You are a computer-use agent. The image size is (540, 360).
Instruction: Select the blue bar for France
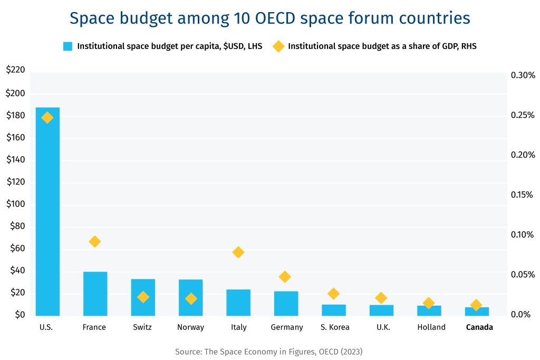click(95, 294)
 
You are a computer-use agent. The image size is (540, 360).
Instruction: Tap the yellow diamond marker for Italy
click(238, 252)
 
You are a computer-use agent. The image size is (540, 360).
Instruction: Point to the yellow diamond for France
click(95, 241)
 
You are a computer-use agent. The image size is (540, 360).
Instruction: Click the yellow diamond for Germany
click(285, 277)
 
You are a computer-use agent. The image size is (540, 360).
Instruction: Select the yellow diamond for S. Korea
click(333, 294)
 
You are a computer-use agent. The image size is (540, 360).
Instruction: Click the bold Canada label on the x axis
click(479, 327)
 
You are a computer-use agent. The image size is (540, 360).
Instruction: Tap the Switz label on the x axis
click(142, 327)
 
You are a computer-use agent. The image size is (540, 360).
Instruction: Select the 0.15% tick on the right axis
click(523, 195)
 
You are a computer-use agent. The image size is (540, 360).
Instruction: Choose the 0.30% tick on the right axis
click(523, 75)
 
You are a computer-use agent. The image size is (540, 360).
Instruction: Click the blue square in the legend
click(67, 46)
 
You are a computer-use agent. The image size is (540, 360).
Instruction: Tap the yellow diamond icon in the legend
click(278, 46)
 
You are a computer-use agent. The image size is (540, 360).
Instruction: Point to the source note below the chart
click(269, 351)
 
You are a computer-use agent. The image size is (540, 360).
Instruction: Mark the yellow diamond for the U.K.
click(381, 298)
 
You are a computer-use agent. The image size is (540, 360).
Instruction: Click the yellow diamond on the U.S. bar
click(47, 118)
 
